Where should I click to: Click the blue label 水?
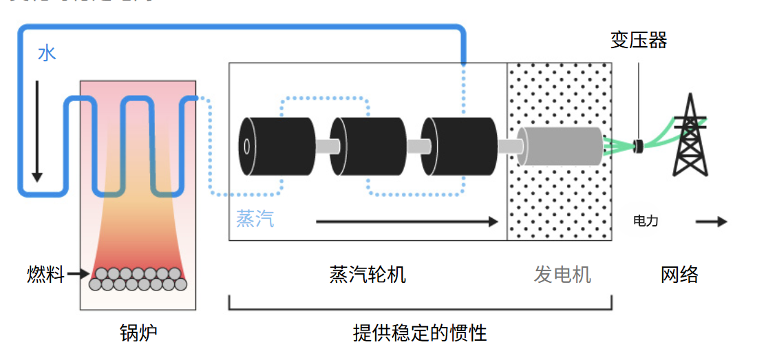pyautogui.click(x=47, y=53)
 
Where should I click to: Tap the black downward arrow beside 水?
pyautogui.click(x=37, y=131)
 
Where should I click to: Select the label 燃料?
pyautogui.click(x=45, y=275)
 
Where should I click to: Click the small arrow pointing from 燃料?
pyautogui.click(x=78, y=274)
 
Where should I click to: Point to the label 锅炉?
pyautogui.click(x=138, y=333)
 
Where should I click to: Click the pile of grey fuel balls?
pyautogui.click(x=138, y=278)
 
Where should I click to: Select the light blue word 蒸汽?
pyautogui.click(x=255, y=219)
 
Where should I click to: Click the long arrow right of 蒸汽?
pyautogui.click(x=406, y=222)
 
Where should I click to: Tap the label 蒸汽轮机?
pyautogui.click(x=368, y=275)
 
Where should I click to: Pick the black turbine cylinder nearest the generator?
pyautogui.click(x=457, y=146)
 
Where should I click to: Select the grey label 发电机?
pyautogui.click(x=562, y=275)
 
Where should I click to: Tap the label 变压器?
pyautogui.click(x=639, y=40)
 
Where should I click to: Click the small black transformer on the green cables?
pyautogui.click(x=639, y=145)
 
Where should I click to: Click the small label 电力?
pyautogui.click(x=646, y=221)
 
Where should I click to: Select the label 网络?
pyautogui.click(x=679, y=275)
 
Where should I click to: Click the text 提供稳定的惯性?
pyautogui.click(x=420, y=333)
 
